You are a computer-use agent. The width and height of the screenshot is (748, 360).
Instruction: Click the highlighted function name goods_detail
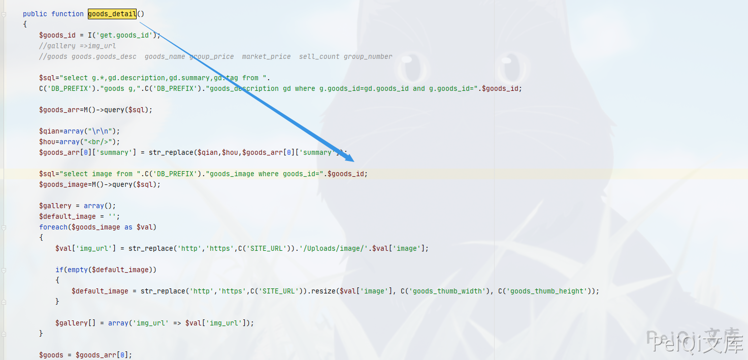coord(112,14)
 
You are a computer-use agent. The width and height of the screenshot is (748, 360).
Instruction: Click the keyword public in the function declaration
coord(35,14)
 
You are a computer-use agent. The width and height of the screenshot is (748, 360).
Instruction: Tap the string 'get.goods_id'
coord(124,35)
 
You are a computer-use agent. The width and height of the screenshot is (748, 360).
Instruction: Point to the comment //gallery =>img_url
coord(78,46)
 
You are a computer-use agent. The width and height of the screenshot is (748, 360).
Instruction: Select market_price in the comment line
coord(266,56)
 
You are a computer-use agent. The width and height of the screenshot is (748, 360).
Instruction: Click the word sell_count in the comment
coord(319,56)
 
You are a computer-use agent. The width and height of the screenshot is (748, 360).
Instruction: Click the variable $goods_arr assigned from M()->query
coord(59,110)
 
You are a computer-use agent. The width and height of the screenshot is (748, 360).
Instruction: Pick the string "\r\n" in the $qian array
coord(100,131)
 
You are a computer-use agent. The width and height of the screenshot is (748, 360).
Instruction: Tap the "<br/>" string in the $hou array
coord(98,142)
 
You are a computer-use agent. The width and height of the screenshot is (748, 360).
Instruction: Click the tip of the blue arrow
coord(354,161)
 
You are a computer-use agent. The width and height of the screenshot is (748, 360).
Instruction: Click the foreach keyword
coord(53,227)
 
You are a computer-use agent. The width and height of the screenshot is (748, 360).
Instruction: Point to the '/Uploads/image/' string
coord(335,248)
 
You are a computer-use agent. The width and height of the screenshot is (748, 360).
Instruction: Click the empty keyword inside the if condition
coord(78,270)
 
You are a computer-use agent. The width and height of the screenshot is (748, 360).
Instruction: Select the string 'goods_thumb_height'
coord(546,291)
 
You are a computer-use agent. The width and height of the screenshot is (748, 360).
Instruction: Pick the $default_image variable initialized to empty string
coord(68,217)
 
